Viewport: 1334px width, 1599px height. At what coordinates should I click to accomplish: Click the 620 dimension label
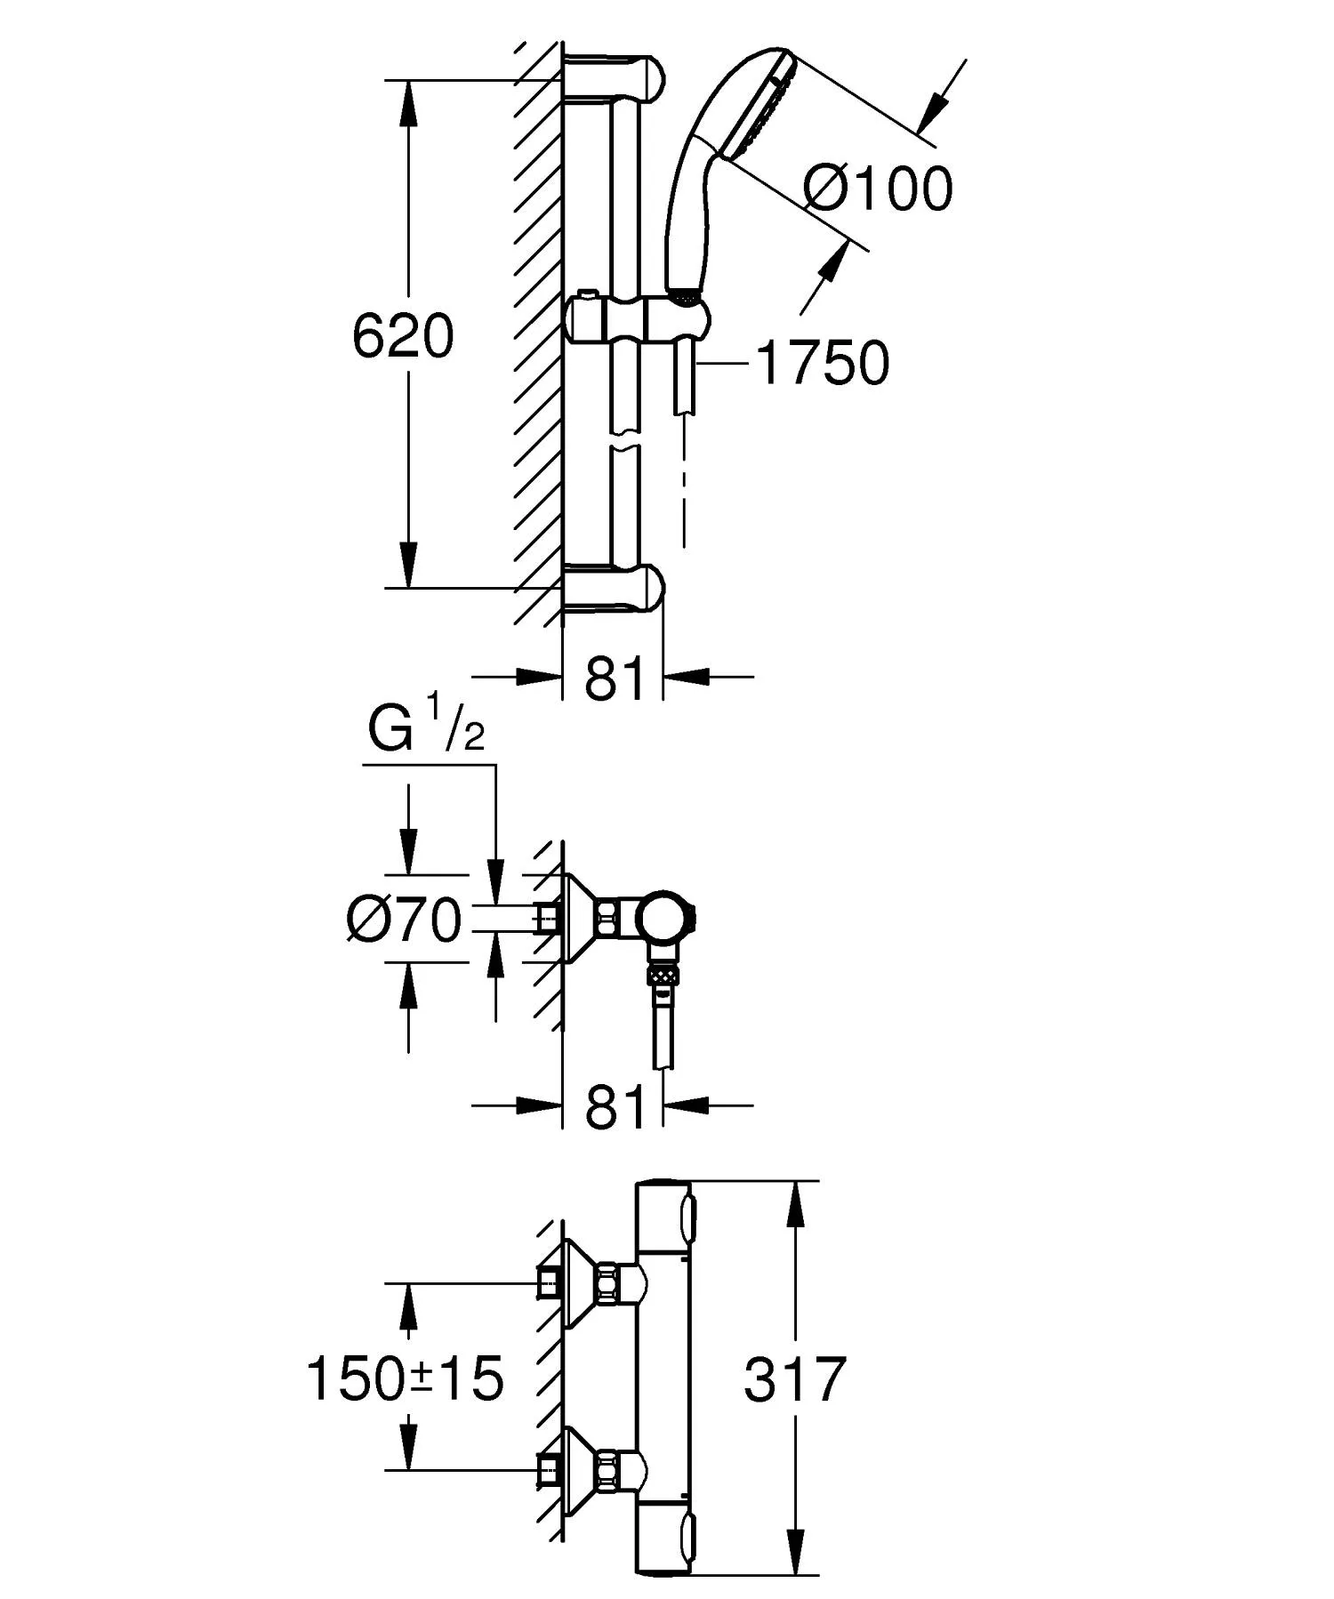403,337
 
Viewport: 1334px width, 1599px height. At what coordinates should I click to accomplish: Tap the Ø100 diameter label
879,189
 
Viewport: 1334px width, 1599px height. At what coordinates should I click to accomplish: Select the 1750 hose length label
823,363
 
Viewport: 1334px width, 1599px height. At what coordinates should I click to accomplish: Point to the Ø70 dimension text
405,919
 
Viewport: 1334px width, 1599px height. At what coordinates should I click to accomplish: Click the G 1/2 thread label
426,727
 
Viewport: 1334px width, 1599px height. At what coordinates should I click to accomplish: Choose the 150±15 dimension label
405,1379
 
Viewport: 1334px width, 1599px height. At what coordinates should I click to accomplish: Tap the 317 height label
794,1379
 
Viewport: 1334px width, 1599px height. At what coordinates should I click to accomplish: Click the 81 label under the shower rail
614,679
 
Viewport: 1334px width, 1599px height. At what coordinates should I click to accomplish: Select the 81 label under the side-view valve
614,1106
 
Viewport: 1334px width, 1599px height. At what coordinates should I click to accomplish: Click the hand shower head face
759,104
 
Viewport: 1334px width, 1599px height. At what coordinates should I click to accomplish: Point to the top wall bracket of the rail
614,77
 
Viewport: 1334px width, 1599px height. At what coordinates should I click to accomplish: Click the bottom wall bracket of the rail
614,587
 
